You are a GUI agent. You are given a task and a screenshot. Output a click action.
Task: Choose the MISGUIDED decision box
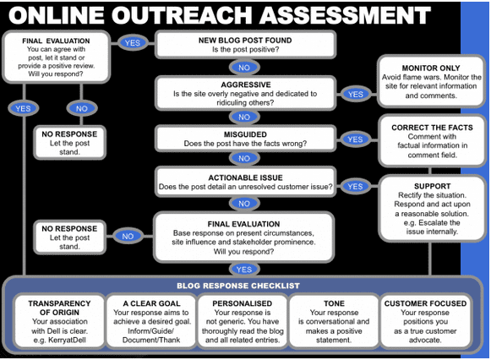(x=244, y=139)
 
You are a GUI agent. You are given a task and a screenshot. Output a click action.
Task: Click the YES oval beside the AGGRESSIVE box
(x=355, y=95)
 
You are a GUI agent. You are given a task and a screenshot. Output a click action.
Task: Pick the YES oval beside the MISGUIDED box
(x=355, y=139)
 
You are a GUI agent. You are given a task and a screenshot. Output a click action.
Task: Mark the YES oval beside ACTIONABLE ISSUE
(x=355, y=186)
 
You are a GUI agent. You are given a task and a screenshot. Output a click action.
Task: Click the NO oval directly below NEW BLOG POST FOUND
(x=244, y=67)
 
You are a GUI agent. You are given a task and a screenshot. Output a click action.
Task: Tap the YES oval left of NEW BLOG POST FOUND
(x=132, y=42)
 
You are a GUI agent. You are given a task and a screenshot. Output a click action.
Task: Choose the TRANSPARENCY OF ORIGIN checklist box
(x=59, y=320)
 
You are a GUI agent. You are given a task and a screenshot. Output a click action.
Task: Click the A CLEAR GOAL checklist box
(x=151, y=320)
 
